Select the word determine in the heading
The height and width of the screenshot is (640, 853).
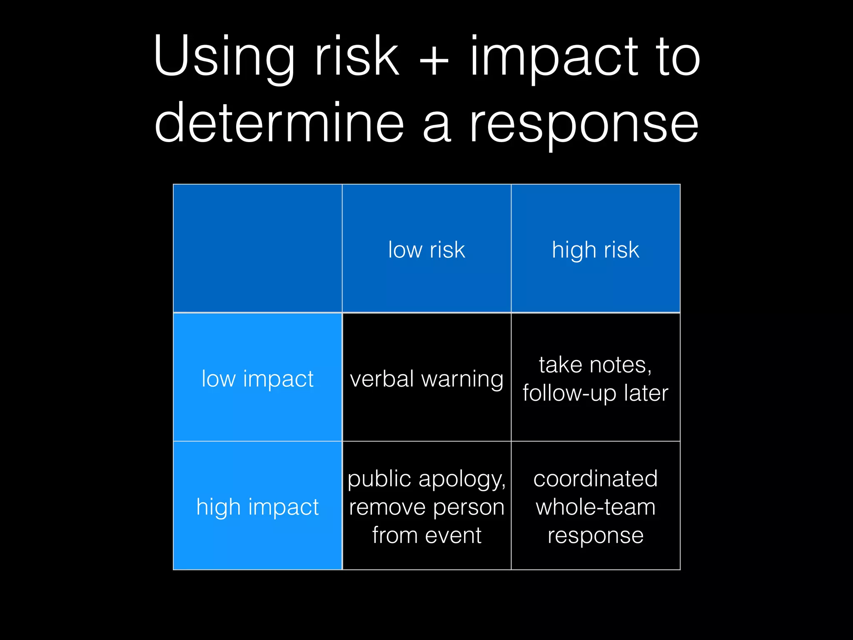279,123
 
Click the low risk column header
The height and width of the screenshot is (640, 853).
426,250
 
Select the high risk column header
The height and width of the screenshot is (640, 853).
596,250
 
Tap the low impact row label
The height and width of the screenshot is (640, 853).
257,379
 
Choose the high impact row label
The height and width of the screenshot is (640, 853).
257,507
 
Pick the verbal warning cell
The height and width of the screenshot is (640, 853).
426,379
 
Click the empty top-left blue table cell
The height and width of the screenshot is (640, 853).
257,248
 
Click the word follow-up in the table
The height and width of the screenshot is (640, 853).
569,393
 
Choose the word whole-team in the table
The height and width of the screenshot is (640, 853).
596,507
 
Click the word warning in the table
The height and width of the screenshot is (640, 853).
462,380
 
